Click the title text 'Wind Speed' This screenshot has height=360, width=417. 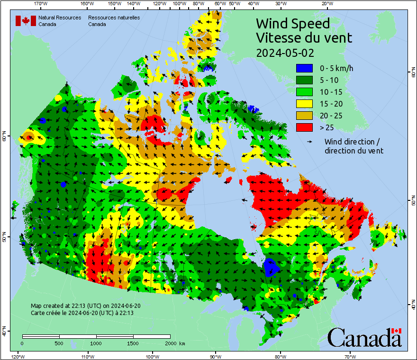tap(292, 24)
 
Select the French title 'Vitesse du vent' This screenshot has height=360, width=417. tap(304, 38)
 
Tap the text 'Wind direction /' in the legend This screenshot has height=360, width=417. tap(352, 142)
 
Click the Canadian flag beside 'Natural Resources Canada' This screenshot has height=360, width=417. tap(26, 21)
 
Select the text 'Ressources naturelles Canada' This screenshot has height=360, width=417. tap(114, 21)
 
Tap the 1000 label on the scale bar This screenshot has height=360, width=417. tap(96, 343)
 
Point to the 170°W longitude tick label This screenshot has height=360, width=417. tap(41, 4)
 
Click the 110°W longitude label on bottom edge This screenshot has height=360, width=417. tap(87, 356)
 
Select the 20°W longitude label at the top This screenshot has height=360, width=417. tap(326, 4)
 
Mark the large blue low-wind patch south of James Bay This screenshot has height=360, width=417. tap(271, 268)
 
